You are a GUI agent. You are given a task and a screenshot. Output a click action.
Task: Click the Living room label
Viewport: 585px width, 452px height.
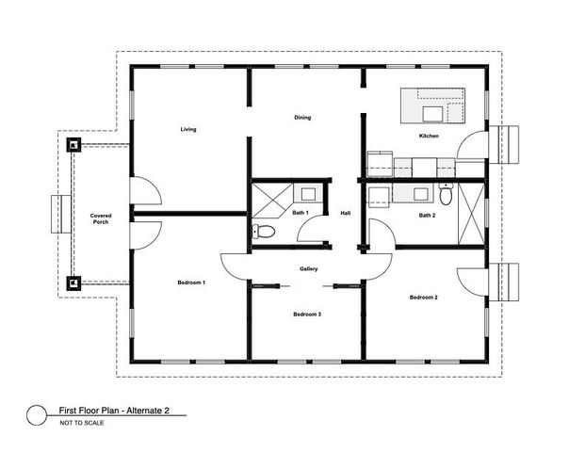(x=188, y=129)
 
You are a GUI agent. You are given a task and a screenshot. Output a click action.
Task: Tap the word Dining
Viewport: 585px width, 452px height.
(x=302, y=118)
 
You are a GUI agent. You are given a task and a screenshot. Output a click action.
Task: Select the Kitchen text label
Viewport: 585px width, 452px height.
(x=429, y=137)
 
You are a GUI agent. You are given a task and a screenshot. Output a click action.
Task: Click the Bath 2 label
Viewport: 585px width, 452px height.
(x=427, y=216)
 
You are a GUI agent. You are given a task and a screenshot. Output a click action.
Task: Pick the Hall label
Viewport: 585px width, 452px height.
(x=346, y=213)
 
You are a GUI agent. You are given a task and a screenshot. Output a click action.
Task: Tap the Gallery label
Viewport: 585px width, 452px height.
(x=308, y=268)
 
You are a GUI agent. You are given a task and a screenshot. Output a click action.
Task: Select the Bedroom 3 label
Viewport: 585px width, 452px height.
(x=307, y=314)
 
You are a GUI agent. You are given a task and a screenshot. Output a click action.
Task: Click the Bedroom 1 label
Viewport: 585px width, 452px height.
(x=191, y=282)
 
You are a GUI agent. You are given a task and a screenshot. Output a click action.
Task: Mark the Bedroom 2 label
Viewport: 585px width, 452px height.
(x=423, y=298)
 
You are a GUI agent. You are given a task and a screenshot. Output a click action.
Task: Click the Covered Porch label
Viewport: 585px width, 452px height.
(x=100, y=218)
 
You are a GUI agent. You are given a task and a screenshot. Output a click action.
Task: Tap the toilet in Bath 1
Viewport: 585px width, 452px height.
(x=264, y=232)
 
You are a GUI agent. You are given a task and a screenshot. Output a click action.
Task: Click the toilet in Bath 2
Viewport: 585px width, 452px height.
(x=445, y=194)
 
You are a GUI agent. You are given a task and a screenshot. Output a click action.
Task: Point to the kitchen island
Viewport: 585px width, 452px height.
(x=434, y=106)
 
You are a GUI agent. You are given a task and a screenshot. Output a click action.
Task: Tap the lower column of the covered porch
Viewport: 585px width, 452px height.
(x=73, y=282)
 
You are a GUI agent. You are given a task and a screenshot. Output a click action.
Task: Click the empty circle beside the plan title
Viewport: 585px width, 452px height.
(x=37, y=413)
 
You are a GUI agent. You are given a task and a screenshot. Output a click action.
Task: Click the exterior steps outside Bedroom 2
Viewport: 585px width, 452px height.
(x=509, y=281)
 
